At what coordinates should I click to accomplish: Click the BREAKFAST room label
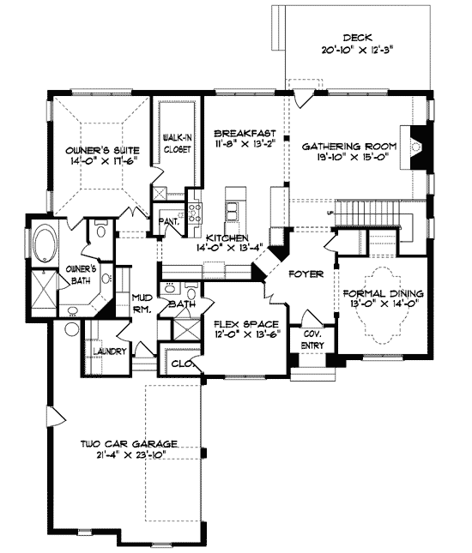click(245, 133)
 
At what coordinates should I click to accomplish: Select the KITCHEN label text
click(227, 237)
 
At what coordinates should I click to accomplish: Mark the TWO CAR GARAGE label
click(129, 443)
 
